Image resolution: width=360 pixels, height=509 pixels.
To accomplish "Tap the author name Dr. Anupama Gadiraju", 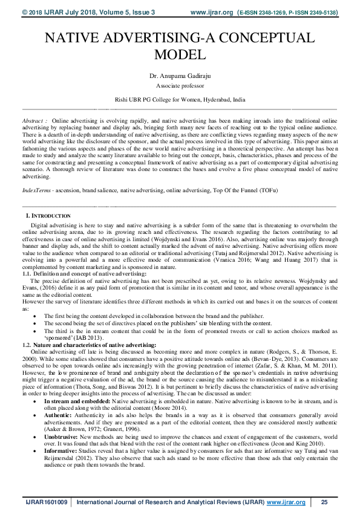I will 180,76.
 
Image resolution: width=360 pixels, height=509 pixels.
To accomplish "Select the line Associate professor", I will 180,86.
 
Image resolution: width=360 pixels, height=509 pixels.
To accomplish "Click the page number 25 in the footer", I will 324,502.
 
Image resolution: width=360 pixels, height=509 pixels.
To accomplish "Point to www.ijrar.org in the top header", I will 211,11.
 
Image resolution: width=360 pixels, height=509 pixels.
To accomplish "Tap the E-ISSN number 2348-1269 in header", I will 270,11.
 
